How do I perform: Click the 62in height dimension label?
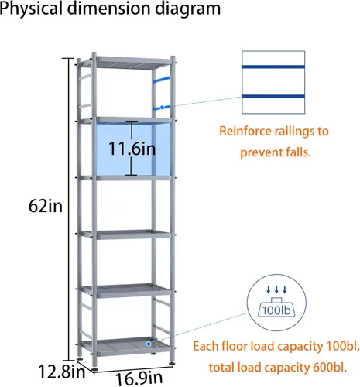pyautogui.click(x=46, y=207)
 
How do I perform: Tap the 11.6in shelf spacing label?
pyautogui.click(x=132, y=149)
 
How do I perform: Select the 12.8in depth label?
pyautogui.click(x=62, y=372)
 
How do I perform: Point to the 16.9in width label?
pyautogui.click(x=139, y=379)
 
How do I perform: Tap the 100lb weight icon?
pyautogui.click(x=276, y=307)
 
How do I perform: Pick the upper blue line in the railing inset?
pyautogui.click(x=273, y=67)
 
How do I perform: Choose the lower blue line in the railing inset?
pyautogui.click(x=273, y=96)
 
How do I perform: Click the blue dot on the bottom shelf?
pyautogui.click(x=149, y=344)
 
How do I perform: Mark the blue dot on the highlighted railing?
pyautogui.click(x=162, y=107)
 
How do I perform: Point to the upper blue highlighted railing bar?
pyautogui.click(x=162, y=78)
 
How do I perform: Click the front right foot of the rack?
pyautogui.click(x=171, y=364)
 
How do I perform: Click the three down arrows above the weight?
pyautogui.click(x=276, y=289)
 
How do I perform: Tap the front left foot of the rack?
pyautogui.click(x=94, y=370)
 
